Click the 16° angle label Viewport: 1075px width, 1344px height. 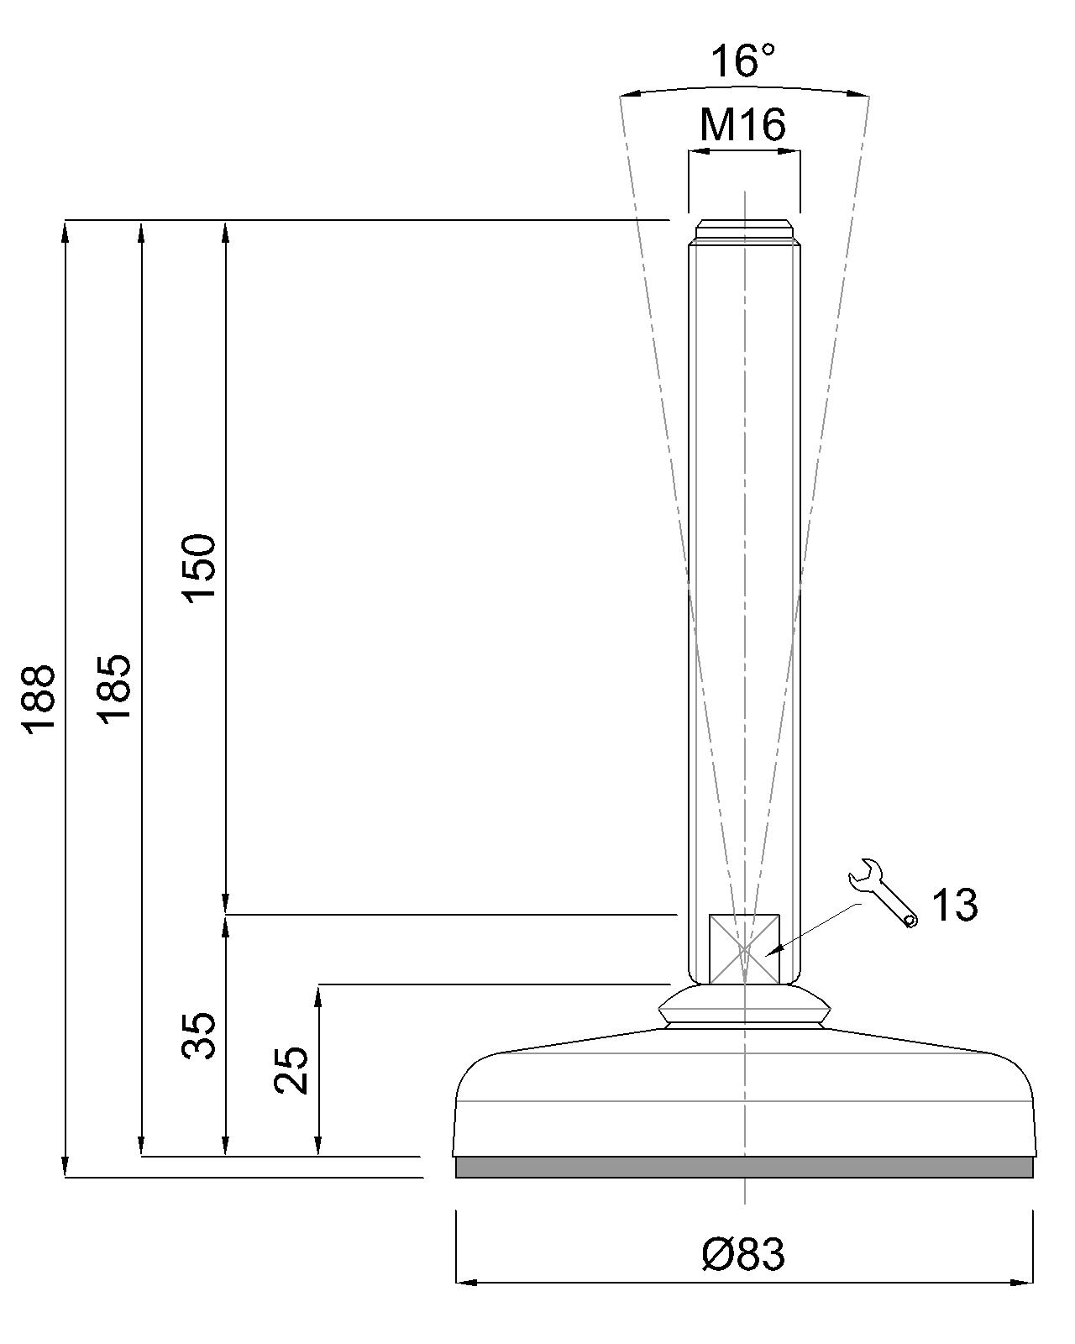coord(742,60)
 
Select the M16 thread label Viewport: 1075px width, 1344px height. coord(742,125)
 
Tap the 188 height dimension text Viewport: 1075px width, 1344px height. coord(39,697)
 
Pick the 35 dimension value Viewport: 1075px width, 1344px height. coord(199,1036)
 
